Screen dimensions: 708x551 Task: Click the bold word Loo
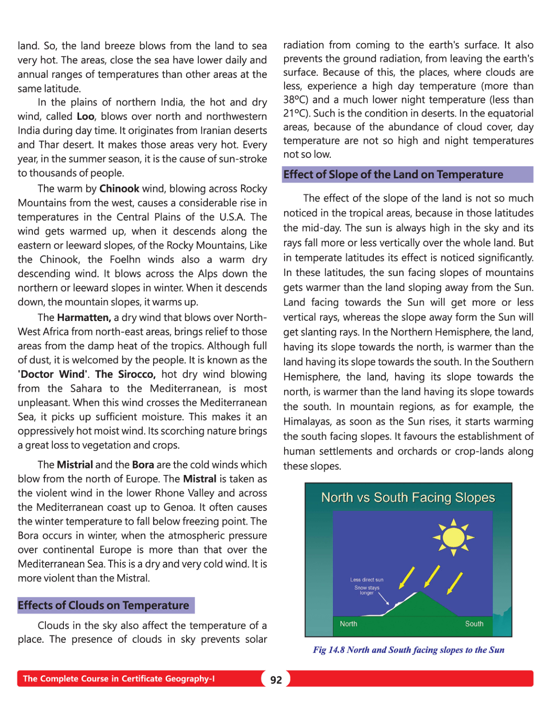pos(86,117)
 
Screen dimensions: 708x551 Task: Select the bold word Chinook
pos(119,189)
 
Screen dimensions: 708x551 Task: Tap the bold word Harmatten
pos(84,318)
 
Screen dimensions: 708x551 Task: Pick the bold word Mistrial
pos(75,465)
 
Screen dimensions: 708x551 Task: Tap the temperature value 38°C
pos(295,100)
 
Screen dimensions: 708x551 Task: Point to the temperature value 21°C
pos(295,114)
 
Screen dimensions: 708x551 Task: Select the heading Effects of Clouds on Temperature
pos(104,605)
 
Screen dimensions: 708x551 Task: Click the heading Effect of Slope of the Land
pos(393,175)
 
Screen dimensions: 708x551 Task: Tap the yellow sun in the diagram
pos(453,537)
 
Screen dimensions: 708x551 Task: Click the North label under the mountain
pos(348,624)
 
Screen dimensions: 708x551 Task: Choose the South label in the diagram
pos(474,624)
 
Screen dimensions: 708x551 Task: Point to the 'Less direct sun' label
pos(366,579)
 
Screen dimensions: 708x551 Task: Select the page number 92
pos(276,680)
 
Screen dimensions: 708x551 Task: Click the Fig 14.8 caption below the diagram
pos(409,650)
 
